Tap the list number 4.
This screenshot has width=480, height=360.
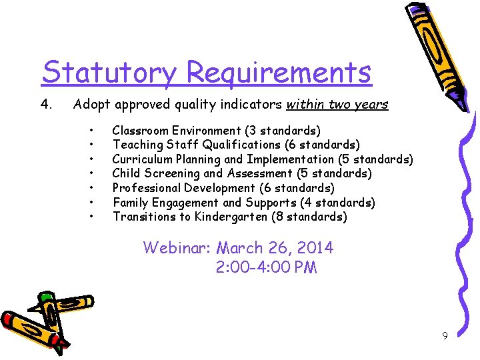(46, 105)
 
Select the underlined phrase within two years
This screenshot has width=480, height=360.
(337, 105)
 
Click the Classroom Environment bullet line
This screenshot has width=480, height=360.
(216, 130)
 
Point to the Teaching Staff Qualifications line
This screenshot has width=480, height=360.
(236, 145)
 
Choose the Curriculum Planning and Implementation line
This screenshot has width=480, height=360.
(262, 159)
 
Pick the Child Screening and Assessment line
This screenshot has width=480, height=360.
(241, 173)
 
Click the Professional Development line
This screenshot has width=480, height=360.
(223, 188)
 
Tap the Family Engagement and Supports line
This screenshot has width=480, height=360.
(243, 203)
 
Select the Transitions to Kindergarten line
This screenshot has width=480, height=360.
(229, 217)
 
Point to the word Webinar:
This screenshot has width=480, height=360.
(177, 249)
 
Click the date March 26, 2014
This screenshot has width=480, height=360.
(275, 249)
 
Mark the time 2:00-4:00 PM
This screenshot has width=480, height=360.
(267, 268)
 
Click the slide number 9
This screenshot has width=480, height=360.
(445, 336)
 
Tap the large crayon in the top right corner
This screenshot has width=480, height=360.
(434, 53)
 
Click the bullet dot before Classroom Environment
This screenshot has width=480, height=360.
(90, 130)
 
